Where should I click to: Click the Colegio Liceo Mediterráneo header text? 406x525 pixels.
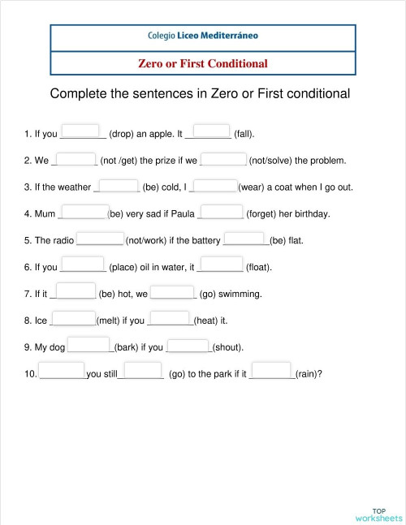click(x=203, y=37)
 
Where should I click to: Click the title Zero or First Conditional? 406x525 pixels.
click(x=203, y=63)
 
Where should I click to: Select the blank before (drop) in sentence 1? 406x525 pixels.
click(x=80, y=132)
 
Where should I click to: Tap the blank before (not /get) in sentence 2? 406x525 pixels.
click(x=76, y=158)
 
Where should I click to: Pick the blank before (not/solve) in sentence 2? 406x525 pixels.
click(x=223, y=158)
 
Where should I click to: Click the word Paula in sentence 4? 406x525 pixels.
click(x=183, y=214)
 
